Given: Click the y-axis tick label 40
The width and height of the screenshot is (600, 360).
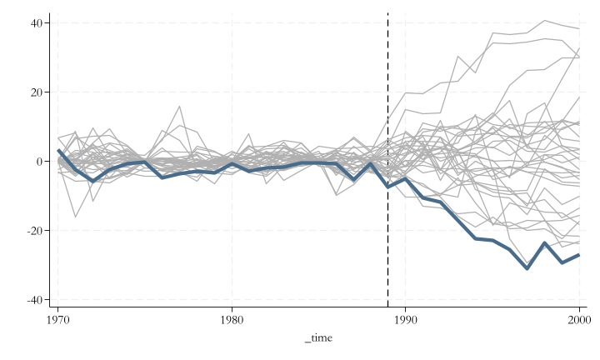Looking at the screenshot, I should pyautogui.click(x=37, y=22).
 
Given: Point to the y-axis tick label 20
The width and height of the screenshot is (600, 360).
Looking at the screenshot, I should pyautogui.click(x=37, y=92).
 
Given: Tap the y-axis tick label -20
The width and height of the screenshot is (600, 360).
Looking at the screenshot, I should pyautogui.click(x=34, y=230).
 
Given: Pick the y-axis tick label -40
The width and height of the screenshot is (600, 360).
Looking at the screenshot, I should pyautogui.click(x=34, y=299).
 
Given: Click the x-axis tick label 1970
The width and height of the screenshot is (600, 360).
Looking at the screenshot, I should pyautogui.click(x=57, y=319).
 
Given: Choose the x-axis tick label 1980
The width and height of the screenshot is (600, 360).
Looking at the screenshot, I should pyautogui.click(x=232, y=319).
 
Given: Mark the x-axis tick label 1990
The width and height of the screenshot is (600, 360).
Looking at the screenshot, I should pyautogui.click(x=405, y=319).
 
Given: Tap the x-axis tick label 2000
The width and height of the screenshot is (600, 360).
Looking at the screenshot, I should pyautogui.click(x=578, y=319).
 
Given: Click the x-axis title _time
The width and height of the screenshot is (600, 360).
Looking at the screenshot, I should pyautogui.click(x=318, y=337).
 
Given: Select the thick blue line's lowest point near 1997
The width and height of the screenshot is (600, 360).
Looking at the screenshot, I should pyautogui.click(x=527, y=268).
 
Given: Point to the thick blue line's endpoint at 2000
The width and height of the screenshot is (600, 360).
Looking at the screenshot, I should pyautogui.click(x=578, y=255).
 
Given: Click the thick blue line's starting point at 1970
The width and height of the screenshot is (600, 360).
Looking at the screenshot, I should pyautogui.click(x=58, y=151).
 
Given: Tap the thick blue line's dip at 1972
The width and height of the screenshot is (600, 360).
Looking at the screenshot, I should pyautogui.click(x=92, y=181).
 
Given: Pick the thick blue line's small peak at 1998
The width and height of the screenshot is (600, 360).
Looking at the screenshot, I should pyautogui.click(x=544, y=243).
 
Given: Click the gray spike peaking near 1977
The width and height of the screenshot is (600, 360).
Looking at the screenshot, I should pyautogui.click(x=179, y=107).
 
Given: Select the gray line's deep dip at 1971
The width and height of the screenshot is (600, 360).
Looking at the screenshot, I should pyautogui.click(x=75, y=217).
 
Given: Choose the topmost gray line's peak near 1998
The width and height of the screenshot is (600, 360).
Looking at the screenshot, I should pyautogui.click(x=544, y=20).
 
